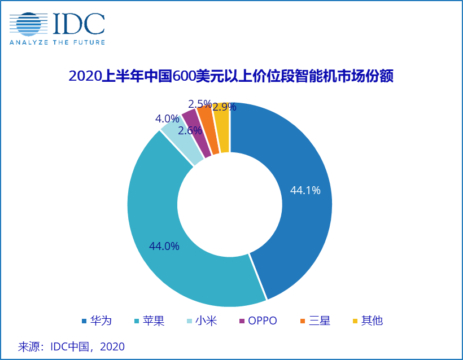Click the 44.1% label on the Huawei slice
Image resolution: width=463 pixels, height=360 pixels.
[305, 191]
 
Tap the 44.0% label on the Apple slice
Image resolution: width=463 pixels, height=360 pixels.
[164, 246]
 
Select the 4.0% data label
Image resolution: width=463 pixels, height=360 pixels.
[167, 119]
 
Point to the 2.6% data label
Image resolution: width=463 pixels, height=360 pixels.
[190, 130]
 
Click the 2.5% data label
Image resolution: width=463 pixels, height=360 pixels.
[200, 104]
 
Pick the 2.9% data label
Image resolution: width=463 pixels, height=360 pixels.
[224, 107]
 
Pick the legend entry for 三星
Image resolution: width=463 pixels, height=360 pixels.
[315, 321]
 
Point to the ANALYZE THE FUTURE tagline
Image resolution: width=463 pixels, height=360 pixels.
[56, 42]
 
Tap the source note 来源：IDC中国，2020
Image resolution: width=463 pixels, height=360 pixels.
[71, 346]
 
